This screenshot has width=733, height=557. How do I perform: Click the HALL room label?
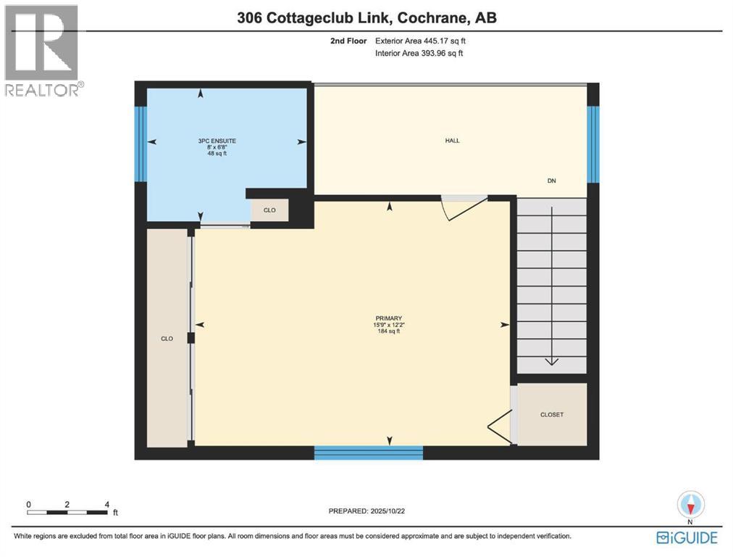coord(453,141)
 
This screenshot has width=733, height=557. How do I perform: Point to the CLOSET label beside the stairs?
coord(552,415)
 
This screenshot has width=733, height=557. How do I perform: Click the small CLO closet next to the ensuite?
coord(269,210)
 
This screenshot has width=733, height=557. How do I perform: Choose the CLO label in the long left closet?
coord(167,339)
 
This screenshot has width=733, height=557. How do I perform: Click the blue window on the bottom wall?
coord(368,453)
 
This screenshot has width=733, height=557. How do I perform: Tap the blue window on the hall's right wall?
coord(593,144)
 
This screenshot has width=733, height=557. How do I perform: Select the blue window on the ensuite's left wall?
coord(141,144)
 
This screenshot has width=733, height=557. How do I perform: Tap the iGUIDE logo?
coord(686,537)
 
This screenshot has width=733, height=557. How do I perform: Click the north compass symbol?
coord(690,505)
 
